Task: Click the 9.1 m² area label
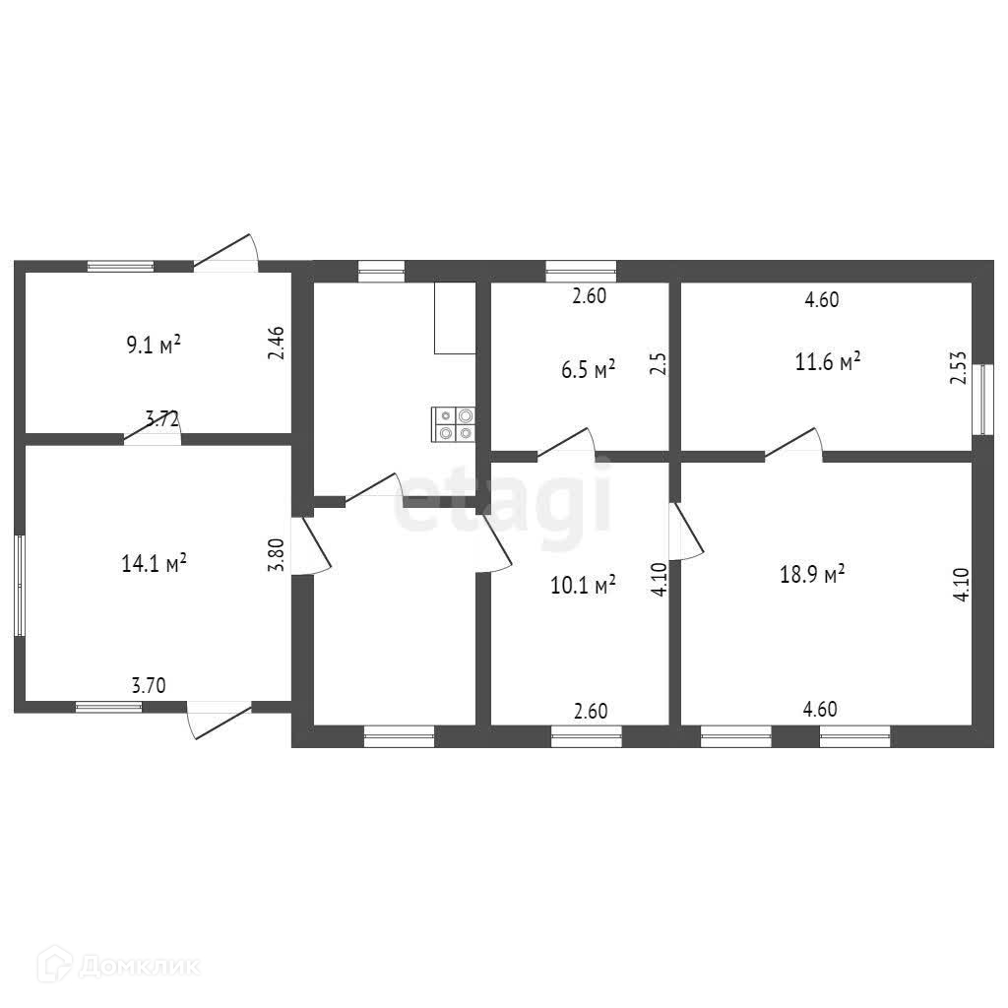pyautogui.click(x=153, y=346)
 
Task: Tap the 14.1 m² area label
pyautogui.click(x=154, y=564)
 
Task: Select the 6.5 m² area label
pyautogui.click(x=589, y=369)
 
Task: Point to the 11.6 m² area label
pyautogui.click(x=827, y=361)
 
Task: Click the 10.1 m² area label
pyautogui.click(x=583, y=585)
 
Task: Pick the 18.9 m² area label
pyautogui.click(x=812, y=574)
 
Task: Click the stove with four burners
pyautogui.click(x=453, y=424)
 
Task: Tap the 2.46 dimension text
pyautogui.click(x=277, y=343)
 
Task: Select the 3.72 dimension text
pyautogui.click(x=162, y=419)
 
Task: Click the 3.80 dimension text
pyautogui.click(x=276, y=554)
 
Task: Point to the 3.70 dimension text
pyautogui.click(x=149, y=685)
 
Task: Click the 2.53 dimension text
pyautogui.click(x=959, y=368)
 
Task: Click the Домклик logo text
pyautogui.click(x=141, y=966)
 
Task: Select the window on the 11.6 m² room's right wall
pyautogui.click(x=983, y=400)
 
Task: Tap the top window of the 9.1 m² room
pyautogui.click(x=121, y=266)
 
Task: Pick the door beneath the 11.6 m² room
pyautogui.click(x=793, y=445)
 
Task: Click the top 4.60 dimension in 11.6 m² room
pyautogui.click(x=822, y=299)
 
